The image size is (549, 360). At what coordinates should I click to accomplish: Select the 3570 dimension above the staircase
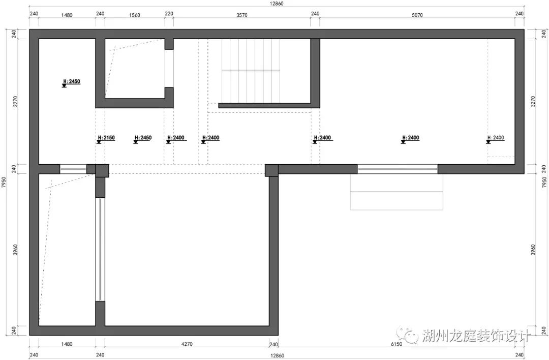[242, 15]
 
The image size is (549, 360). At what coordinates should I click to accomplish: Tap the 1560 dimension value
[135, 15]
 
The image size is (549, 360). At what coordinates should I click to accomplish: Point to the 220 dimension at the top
[169, 14]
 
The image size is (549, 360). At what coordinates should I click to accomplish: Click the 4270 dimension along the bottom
[187, 344]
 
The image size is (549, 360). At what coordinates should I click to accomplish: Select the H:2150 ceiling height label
[106, 138]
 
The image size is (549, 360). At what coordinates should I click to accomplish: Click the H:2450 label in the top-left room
[72, 81]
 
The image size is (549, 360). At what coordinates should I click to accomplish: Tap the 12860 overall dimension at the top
[277, 4]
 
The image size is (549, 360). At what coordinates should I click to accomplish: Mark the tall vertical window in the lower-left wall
[101, 249]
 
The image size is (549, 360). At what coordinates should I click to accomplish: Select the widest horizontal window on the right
[398, 169]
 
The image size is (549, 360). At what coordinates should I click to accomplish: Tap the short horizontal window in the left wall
[73, 169]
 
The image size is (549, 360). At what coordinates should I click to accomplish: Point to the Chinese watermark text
[476, 336]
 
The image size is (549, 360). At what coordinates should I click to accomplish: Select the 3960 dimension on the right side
[533, 250]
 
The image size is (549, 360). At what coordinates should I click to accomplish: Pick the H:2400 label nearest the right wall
[496, 138]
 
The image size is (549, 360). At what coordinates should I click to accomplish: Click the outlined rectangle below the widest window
[396, 192]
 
